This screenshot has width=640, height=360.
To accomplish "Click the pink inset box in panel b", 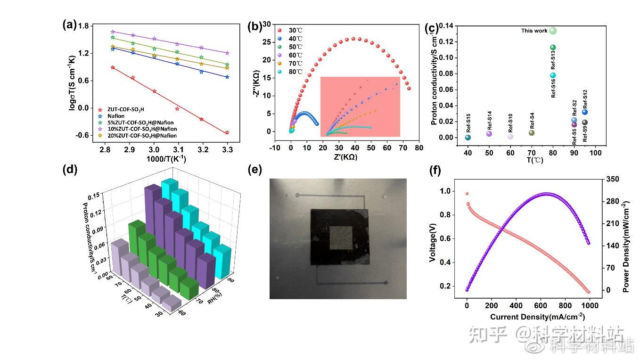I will pyautogui.click(x=360, y=106).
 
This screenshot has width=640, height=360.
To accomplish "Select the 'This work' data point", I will pyautogui.click(x=553, y=31).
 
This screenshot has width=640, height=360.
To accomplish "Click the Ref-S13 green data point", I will pyautogui.click(x=553, y=47).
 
